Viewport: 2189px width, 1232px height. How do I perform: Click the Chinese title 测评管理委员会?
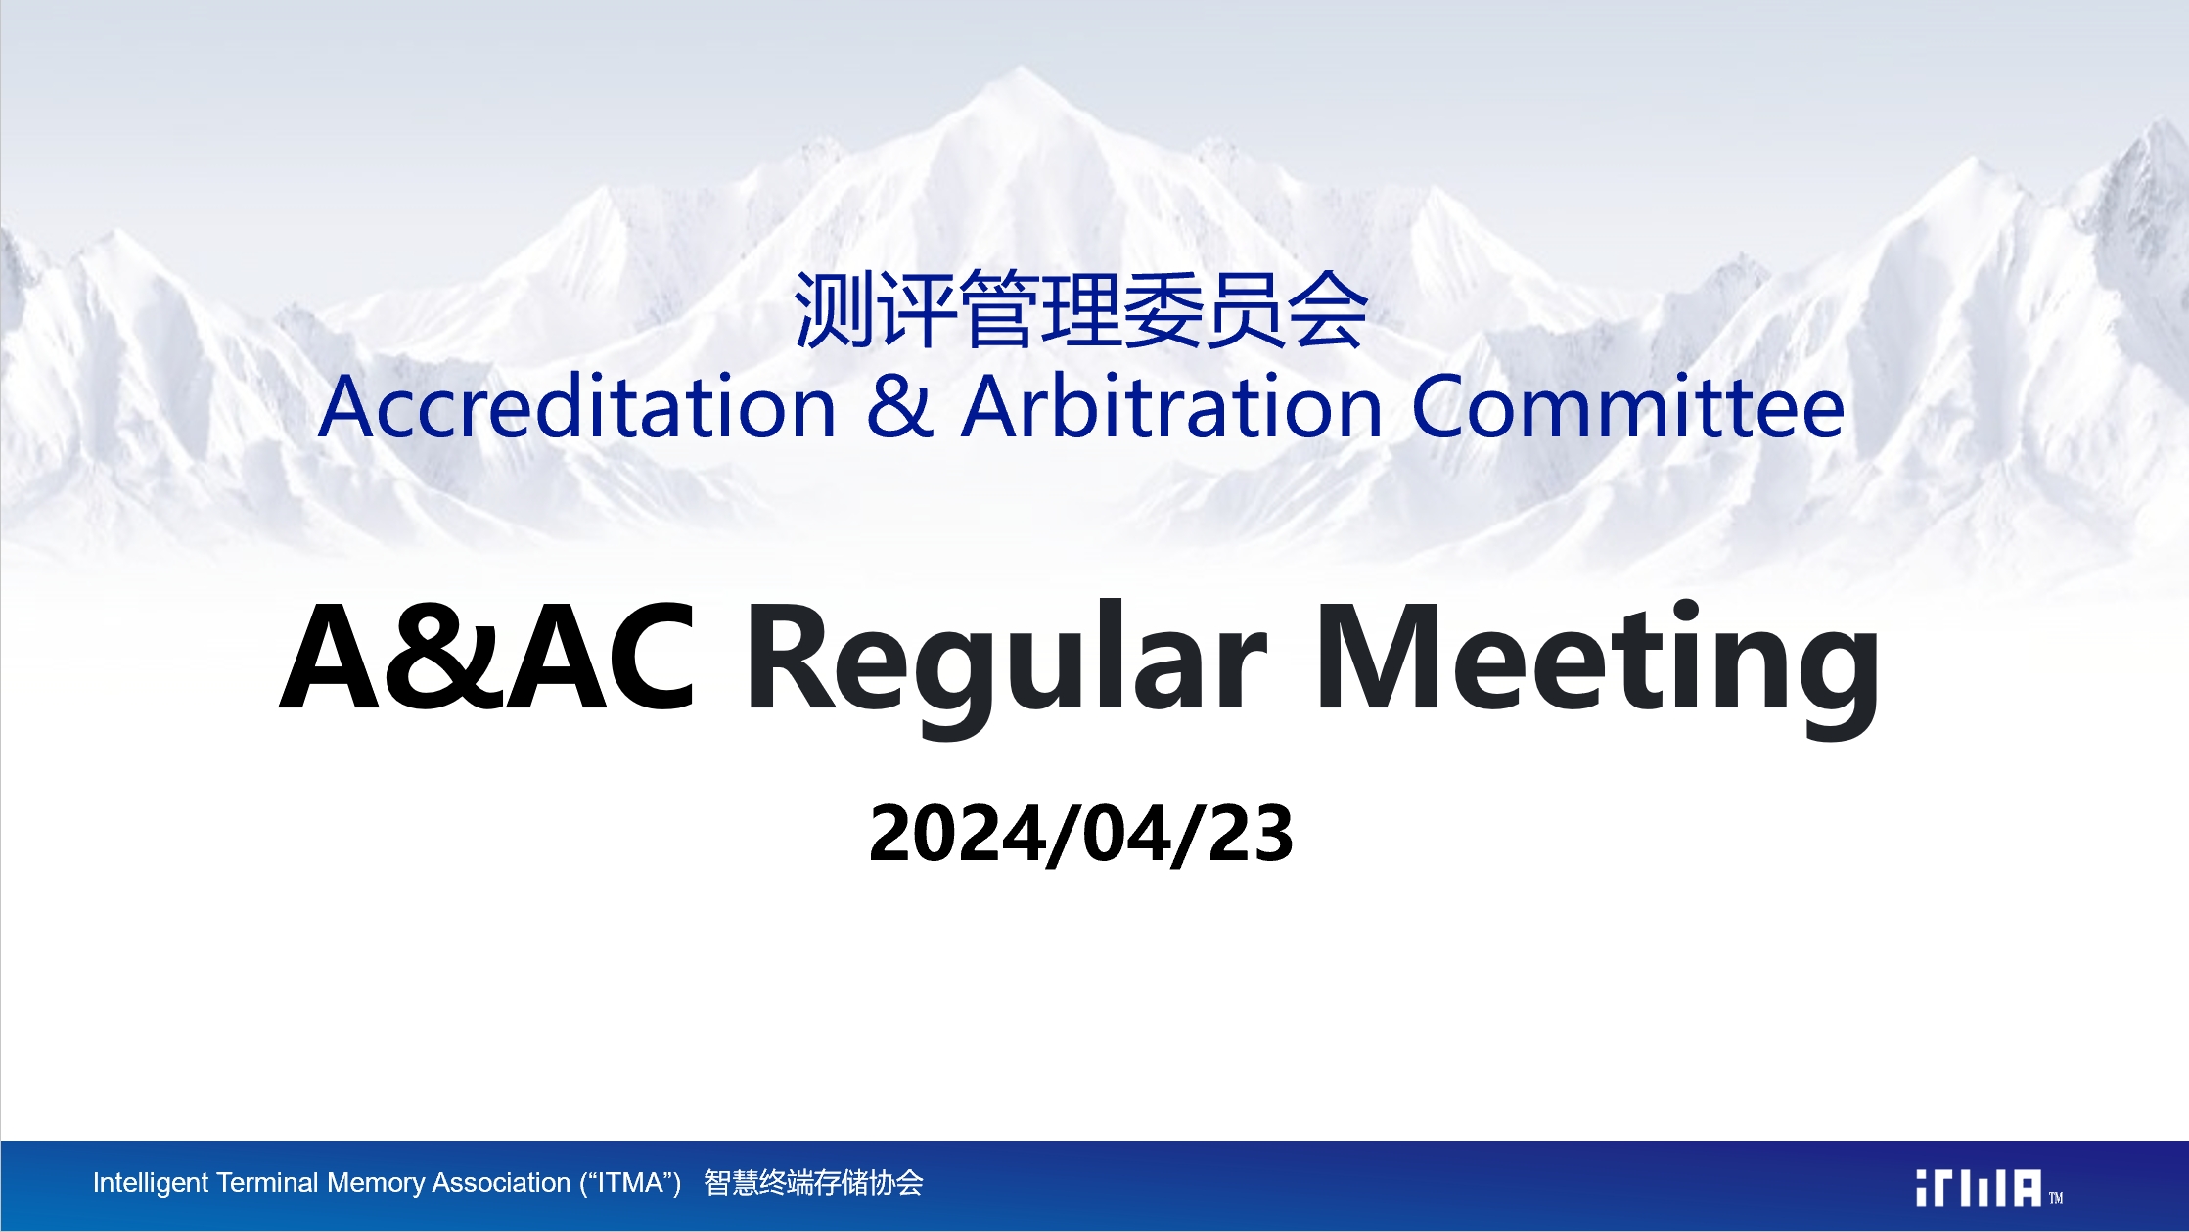[x=1080, y=311]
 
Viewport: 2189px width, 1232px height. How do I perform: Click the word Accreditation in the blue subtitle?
[x=577, y=406]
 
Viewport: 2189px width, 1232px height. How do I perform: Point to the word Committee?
[x=1628, y=406]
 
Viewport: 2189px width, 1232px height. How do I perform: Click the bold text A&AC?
[x=487, y=656]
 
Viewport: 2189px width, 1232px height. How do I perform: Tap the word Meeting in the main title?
[x=1597, y=665]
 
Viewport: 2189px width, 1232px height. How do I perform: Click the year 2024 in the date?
[x=955, y=834]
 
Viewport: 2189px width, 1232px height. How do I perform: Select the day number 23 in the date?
[x=1251, y=834]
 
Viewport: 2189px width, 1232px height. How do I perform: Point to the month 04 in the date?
[x=1125, y=834]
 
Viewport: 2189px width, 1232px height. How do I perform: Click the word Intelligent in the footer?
[x=151, y=1183]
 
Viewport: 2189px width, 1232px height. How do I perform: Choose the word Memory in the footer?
[x=376, y=1184]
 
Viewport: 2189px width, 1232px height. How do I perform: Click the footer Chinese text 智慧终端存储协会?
[x=813, y=1183]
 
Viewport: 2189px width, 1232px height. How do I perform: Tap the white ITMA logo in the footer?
[x=1979, y=1188]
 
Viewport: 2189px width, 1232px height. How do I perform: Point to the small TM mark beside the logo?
[x=2056, y=1198]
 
